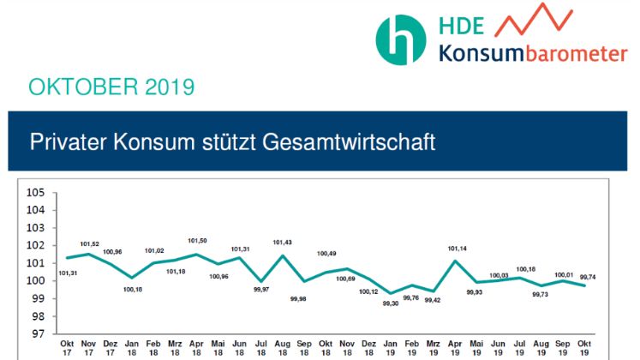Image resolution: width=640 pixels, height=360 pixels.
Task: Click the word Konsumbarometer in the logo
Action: (x=533, y=54)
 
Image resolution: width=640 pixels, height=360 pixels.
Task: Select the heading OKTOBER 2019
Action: (x=111, y=87)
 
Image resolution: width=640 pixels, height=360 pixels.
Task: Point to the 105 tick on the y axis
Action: (x=36, y=192)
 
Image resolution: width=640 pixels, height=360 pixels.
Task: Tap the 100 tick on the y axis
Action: (x=36, y=280)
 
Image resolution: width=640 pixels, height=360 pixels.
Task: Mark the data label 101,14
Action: (x=456, y=249)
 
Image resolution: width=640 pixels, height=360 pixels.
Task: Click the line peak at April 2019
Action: (x=456, y=261)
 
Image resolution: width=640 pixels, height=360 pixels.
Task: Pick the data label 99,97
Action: (x=261, y=290)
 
